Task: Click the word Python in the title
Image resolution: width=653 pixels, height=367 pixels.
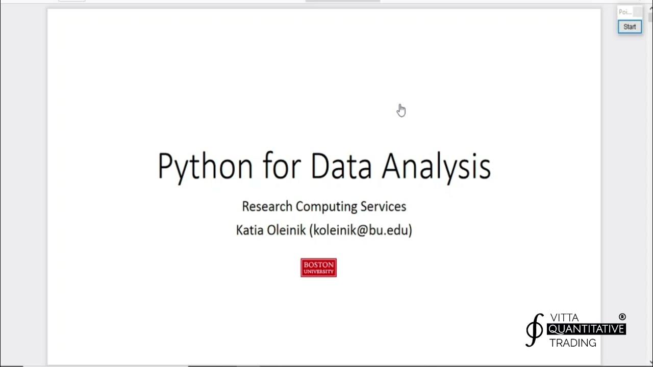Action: (x=205, y=166)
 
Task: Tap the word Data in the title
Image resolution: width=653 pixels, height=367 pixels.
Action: (x=341, y=166)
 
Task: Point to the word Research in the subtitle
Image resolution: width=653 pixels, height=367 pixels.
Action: (x=267, y=206)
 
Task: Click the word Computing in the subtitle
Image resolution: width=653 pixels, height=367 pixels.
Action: (x=326, y=206)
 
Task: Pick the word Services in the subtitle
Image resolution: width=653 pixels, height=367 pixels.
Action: (x=383, y=206)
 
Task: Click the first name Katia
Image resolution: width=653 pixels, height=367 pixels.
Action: (x=249, y=230)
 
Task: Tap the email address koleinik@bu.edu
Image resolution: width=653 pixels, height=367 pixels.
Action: (x=361, y=230)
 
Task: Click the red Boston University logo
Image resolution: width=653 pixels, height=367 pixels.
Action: (x=318, y=268)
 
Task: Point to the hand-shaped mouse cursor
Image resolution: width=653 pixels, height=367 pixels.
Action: (x=401, y=110)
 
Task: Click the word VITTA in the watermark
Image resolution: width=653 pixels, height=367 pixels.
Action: (x=565, y=318)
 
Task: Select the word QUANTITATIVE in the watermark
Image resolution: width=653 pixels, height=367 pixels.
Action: (x=586, y=330)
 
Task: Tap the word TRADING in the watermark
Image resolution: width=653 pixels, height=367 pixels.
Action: (x=572, y=343)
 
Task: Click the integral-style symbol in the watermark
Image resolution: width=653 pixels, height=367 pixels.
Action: (x=534, y=330)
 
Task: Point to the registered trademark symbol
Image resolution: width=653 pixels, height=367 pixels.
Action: (x=622, y=317)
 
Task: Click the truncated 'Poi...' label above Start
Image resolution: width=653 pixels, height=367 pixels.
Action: (x=624, y=12)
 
